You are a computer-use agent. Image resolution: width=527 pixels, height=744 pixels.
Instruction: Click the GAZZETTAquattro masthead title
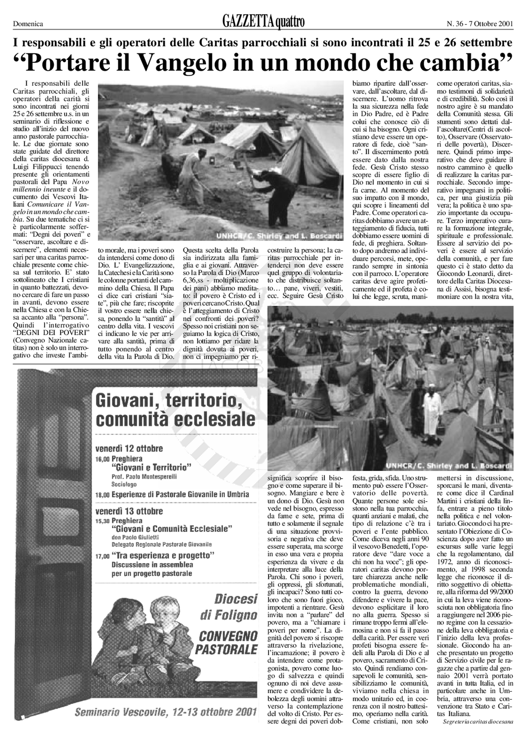click(x=263, y=22)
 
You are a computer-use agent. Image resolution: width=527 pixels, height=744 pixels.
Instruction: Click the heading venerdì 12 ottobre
click(x=129, y=449)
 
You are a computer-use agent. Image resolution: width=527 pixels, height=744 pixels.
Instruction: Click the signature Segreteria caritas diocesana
click(x=478, y=721)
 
